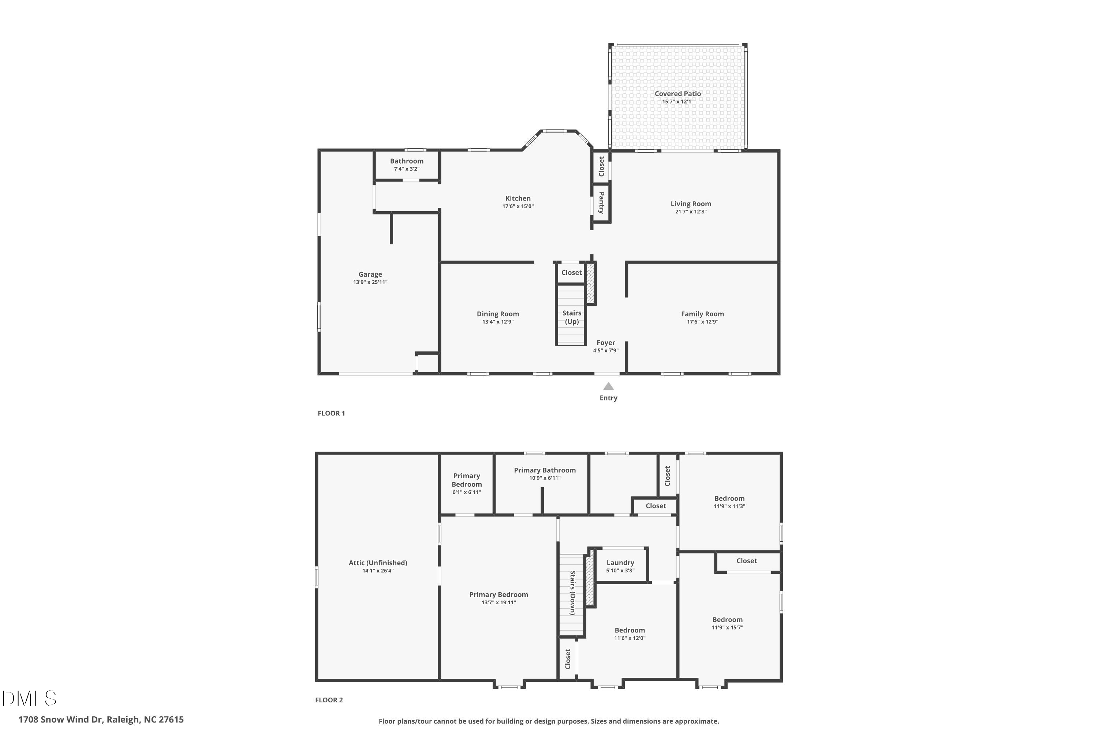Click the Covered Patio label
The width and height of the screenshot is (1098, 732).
tap(677, 94)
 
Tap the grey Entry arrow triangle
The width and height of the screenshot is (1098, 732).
tap(608, 386)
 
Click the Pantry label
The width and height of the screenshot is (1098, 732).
tap(602, 203)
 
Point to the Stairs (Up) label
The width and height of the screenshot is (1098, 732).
tap(572, 317)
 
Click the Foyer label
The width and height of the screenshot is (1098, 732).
tap(605, 343)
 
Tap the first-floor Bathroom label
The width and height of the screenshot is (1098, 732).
tap(407, 161)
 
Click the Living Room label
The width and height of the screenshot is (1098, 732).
tap(690, 204)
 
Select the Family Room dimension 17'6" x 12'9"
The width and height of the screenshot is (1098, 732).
tap(702, 322)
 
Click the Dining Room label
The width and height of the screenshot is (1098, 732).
tap(498, 314)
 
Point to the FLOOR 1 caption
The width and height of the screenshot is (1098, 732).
tap(331, 413)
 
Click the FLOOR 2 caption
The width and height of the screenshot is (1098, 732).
tap(329, 700)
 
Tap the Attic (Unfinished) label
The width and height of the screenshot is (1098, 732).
tap(378, 563)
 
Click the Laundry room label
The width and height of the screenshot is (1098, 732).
tap(620, 563)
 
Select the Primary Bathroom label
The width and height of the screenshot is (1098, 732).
tap(544, 470)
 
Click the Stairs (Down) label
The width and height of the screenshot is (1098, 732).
tap(573, 593)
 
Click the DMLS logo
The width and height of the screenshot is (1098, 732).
tap(29, 698)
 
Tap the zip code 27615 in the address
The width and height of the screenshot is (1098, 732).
tap(171, 720)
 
